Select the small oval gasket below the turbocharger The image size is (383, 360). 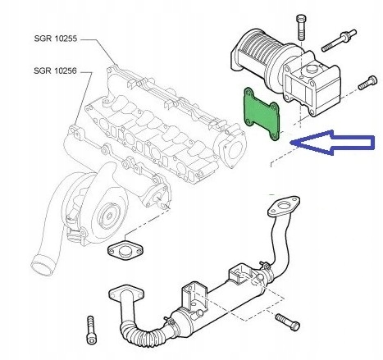click(x=124, y=251)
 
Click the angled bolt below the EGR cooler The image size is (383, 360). click(x=287, y=320)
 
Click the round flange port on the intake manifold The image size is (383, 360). click(x=234, y=151)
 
